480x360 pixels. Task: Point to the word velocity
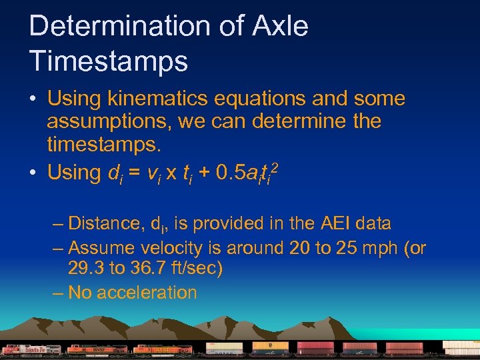tap(173, 249)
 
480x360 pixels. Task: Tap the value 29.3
tap(87, 270)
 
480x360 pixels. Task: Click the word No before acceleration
tap(80, 293)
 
